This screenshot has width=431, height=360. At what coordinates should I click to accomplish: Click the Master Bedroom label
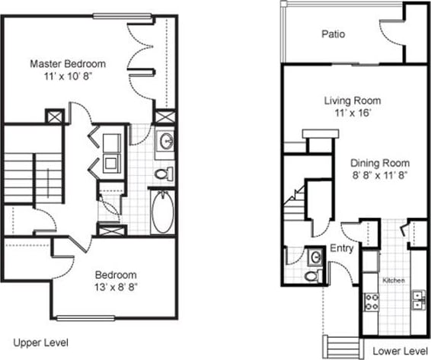(x=68, y=64)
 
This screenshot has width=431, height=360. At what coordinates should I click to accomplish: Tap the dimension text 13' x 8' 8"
(x=116, y=287)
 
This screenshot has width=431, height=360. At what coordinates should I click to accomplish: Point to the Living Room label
(x=352, y=101)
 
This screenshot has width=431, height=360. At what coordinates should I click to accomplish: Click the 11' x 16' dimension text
(x=352, y=113)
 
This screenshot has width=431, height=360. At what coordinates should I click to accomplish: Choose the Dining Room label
(x=380, y=163)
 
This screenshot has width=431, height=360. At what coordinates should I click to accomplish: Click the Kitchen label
(x=393, y=281)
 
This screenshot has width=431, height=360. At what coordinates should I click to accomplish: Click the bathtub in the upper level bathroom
(x=163, y=212)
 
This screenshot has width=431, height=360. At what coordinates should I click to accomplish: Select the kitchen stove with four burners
(x=372, y=301)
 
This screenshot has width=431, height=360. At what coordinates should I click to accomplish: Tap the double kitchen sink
(x=418, y=300)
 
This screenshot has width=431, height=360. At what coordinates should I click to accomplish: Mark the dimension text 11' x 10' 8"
(x=68, y=76)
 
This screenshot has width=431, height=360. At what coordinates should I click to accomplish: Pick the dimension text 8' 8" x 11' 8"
(x=380, y=175)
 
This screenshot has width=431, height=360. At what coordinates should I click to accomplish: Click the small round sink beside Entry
(x=314, y=256)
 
